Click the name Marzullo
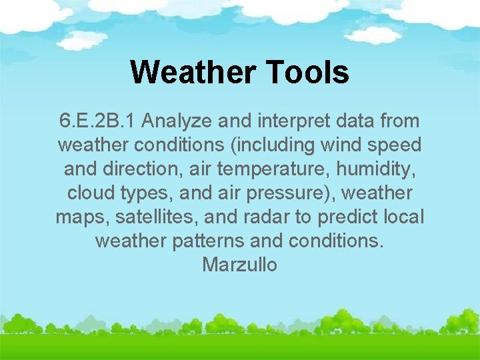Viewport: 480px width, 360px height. point(240,265)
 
